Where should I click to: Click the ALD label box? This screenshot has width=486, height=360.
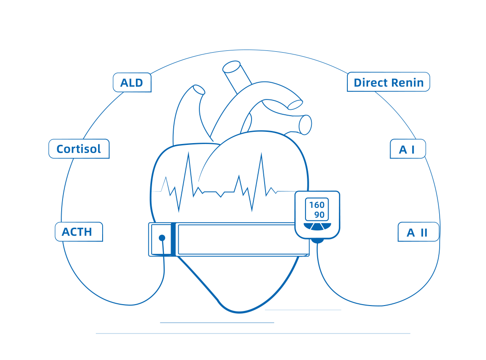point(132,83)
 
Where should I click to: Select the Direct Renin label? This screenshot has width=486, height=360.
point(388,82)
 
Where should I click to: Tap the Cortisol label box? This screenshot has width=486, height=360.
point(79,149)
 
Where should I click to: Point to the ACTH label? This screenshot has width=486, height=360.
point(79,232)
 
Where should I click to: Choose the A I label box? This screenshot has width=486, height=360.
point(407,149)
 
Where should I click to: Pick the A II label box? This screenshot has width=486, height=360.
point(418,232)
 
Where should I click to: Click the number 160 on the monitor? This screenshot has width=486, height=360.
point(317,205)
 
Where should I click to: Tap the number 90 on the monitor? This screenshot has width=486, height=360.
point(319,215)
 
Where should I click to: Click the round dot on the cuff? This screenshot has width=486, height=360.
point(162,238)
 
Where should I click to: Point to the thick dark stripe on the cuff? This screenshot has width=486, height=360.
point(173,239)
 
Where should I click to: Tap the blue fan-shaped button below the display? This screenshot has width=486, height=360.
point(317,226)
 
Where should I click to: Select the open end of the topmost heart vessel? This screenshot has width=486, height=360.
point(232,67)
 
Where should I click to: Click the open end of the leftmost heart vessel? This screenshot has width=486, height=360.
point(199,90)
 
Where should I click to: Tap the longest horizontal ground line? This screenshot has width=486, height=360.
point(253,333)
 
